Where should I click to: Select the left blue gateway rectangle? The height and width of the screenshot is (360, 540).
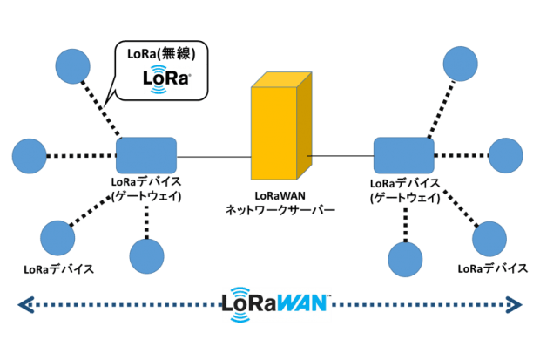point(146,156)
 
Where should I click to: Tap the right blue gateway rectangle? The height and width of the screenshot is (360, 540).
point(404,154)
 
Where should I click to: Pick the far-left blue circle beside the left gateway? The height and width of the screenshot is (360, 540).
point(30,156)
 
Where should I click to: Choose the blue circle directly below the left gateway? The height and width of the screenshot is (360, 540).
point(146,255)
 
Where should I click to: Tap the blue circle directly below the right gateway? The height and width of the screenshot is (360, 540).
point(405,259)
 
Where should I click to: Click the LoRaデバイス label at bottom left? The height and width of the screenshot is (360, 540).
point(58,268)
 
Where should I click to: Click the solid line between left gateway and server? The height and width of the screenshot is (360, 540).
point(213,157)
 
